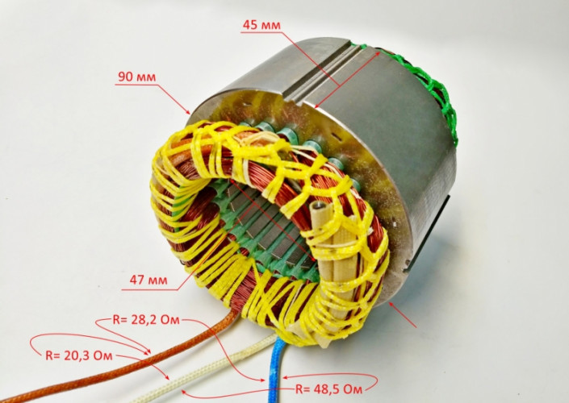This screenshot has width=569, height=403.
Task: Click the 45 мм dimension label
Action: [x=261, y=25]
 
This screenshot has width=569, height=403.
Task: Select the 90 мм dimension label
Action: [x=137, y=77]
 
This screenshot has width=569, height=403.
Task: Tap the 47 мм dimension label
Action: [x=149, y=280]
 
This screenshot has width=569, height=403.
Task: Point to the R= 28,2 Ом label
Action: [x=146, y=320]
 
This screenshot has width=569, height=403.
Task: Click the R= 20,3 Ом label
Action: [x=79, y=355]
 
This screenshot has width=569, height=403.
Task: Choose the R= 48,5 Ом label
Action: [x=328, y=389]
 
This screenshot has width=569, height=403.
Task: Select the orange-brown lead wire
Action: [x=119, y=358]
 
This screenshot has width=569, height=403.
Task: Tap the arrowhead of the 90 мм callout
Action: [x=187, y=111]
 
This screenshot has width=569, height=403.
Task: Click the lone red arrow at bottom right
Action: [x=402, y=314]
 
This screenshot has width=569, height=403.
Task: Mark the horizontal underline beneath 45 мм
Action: [x=261, y=32]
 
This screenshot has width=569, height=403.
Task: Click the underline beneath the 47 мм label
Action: [x=149, y=290]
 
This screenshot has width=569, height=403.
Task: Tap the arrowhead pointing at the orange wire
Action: [x=148, y=352]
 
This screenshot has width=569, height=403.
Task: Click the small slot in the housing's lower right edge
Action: [x=407, y=266]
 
